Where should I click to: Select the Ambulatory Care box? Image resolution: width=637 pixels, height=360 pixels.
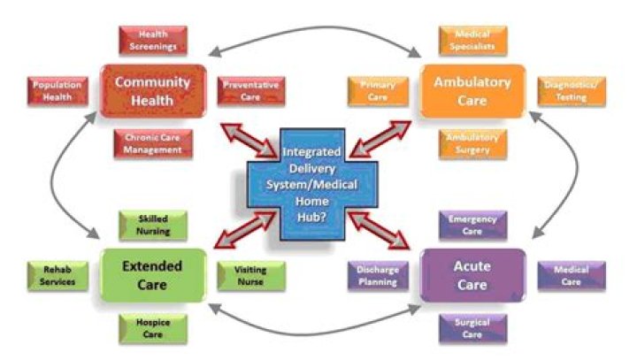[472, 90]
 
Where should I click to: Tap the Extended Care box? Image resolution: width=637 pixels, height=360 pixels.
[152, 273]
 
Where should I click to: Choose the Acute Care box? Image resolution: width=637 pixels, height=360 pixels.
[472, 273]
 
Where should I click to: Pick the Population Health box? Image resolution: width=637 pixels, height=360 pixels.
[58, 91]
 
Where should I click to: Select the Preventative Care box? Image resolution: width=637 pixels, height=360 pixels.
[250, 91]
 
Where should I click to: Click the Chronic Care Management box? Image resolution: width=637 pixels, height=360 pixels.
[152, 143]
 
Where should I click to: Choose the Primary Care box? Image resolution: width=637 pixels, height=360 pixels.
[378, 91]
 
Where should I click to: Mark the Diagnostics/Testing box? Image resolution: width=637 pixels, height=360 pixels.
[572, 91]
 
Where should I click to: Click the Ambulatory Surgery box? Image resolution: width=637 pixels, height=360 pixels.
[473, 143]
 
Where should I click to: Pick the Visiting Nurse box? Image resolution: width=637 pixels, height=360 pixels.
[250, 276]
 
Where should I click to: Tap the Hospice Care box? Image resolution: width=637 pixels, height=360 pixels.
[152, 328]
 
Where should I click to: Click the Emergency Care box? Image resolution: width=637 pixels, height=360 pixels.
[473, 225]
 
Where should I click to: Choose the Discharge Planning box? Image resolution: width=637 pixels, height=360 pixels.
[377, 276]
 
